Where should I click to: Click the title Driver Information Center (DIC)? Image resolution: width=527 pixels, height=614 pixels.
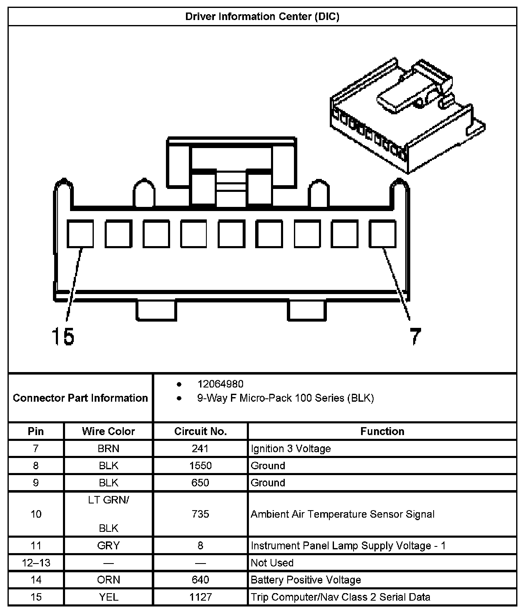[262, 17]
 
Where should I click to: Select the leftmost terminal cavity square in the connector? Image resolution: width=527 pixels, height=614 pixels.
[80, 234]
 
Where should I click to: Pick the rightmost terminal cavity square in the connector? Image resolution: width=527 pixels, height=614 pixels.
[382, 234]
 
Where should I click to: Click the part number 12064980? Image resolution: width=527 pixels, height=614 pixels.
[220, 384]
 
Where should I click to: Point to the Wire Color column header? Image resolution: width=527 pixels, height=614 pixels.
[108, 431]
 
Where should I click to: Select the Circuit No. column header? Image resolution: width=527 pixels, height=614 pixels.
[201, 431]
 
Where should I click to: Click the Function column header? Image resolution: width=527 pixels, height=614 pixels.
[382, 431]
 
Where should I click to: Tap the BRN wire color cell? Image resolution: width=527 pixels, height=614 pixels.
[109, 448]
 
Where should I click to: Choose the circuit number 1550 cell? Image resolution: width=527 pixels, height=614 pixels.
[201, 466]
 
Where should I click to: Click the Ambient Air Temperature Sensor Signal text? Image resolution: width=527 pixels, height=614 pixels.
[342, 514]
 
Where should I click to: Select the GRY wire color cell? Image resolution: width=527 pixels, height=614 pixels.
[108, 546]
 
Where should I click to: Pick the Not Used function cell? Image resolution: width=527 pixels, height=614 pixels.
[272, 563]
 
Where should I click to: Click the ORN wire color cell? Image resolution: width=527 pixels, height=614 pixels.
[109, 580]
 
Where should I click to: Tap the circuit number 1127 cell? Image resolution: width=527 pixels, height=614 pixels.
[201, 597]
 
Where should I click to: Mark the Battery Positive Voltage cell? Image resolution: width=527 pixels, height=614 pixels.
[306, 580]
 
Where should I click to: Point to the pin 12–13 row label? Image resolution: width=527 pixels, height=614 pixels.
[36, 563]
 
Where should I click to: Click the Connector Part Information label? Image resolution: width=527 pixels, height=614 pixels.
[80, 398]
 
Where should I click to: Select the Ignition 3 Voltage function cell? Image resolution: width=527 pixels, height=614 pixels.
[291, 448]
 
